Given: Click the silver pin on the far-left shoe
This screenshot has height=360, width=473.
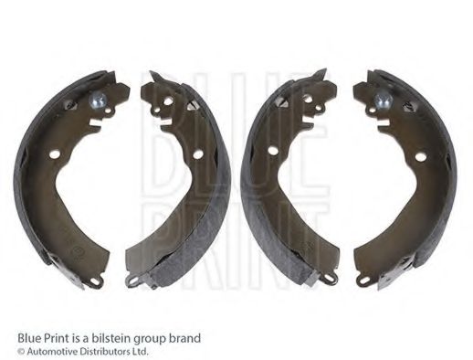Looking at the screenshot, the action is pyautogui.click(x=99, y=100).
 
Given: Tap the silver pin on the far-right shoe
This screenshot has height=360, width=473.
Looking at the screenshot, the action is pyautogui.click(x=383, y=101).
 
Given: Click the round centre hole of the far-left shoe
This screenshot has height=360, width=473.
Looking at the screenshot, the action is pyautogui.click(x=55, y=154).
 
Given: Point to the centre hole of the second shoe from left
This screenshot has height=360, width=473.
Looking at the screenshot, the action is pyautogui.click(x=198, y=154).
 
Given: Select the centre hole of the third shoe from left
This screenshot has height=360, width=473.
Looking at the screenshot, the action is pyautogui.click(x=272, y=150).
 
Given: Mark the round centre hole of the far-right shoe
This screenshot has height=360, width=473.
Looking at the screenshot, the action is pyautogui.click(x=420, y=157).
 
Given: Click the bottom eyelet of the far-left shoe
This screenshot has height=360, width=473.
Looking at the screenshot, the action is pyautogui.click(x=97, y=281).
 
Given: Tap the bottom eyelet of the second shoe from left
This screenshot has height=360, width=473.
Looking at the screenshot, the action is pyautogui.click(x=132, y=280).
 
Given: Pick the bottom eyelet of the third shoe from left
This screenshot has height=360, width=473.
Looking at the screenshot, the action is pyautogui.click(x=330, y=278).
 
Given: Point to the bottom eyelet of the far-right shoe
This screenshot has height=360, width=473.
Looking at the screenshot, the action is pyautogui.click(x=363, y=280).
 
